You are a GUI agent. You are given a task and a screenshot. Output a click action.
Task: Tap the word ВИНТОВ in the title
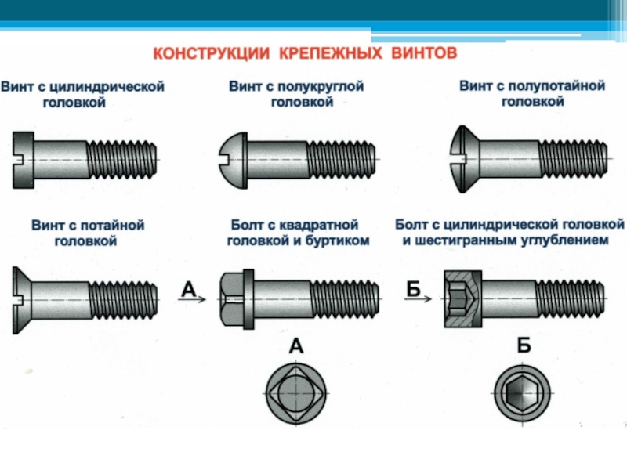(419, 54)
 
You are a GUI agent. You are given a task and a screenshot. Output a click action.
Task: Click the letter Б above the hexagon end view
(524, 345)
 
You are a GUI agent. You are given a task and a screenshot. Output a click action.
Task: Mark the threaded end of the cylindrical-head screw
(123, 159)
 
